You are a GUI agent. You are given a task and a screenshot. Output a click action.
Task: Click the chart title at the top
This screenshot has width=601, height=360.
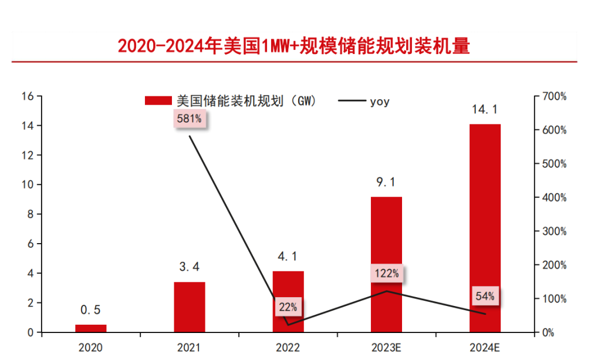coord(293,45)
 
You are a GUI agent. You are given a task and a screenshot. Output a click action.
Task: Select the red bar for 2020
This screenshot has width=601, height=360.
coord(91,328)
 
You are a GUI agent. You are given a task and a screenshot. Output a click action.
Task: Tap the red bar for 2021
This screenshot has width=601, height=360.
coord(190,307)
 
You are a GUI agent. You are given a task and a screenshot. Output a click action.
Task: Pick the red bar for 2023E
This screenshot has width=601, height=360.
coord(386,264)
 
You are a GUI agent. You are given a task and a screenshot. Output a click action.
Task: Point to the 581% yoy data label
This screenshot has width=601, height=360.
coord(190,119)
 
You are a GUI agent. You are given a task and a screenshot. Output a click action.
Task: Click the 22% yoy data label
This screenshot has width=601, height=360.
coord(288,307)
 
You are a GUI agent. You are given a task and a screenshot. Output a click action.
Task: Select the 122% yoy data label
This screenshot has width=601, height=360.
coord(386,273)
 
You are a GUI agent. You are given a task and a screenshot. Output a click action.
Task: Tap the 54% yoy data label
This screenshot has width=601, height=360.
coord(485,297)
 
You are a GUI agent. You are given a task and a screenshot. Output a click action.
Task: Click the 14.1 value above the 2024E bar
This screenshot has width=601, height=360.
coord(485,109)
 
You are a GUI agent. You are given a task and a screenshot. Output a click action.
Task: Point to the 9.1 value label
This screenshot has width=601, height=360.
coord(386,183)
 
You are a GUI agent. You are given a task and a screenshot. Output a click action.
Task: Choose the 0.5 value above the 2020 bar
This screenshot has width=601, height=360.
coord(91,310)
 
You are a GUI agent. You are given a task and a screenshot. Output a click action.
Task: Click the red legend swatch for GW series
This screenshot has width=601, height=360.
coord(158,101)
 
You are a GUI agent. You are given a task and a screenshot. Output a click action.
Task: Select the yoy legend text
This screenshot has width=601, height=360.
coord(379,102)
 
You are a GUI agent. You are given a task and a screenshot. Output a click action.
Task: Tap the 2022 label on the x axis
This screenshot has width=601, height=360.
coord(288,347)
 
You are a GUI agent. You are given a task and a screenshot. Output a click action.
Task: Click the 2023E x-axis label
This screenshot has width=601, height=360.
coord(386,347)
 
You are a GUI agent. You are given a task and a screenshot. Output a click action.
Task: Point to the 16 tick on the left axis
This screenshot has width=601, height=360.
coord(27,96)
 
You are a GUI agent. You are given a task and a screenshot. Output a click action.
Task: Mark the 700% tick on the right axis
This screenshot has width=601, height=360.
coord(555,96)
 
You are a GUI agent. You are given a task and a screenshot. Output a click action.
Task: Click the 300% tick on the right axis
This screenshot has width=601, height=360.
coord(555,231)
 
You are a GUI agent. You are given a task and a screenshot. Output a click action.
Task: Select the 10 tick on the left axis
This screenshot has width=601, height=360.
coord(27,185)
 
